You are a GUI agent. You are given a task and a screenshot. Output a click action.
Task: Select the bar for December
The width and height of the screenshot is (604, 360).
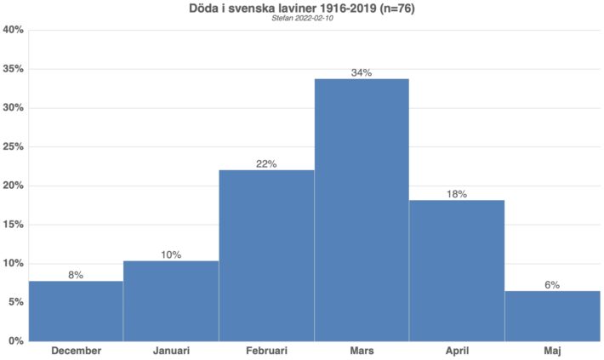pyautogui.click(x=76, y=311)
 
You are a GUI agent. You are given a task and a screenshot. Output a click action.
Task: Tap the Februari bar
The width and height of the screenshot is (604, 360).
pyautogui.click(x=266, y=255)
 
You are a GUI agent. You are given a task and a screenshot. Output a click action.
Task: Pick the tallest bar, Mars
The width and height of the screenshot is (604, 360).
pyautogui.click(x=362, y=209)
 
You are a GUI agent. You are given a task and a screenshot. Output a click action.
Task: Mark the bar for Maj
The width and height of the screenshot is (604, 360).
pyautogui.click(x=552, y=316)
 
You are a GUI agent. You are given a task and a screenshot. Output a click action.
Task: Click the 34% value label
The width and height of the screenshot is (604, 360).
pyautogui.click(x=362, y=72)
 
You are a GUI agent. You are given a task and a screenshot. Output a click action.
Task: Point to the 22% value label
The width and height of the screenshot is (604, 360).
pyautogui.click(x=266, y=163)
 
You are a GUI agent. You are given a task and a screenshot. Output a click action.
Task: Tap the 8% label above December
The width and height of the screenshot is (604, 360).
pyautogui.click(x=76, y=275)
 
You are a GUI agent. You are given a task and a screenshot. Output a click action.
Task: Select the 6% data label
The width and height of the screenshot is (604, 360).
pyautogui.click(x=552, y=285)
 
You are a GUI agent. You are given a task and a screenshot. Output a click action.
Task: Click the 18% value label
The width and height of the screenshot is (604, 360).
pyautogui.click(x=457, y=194)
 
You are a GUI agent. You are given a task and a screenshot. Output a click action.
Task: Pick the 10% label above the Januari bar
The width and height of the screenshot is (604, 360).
pyautogui.click(x=171, y=254)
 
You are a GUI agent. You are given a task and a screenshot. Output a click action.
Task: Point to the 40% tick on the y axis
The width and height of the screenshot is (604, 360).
pyautogui.click(x=13, y=30)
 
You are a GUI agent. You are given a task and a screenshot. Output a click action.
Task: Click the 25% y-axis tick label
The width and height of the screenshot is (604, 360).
pyautogui.click(x=13, y=146)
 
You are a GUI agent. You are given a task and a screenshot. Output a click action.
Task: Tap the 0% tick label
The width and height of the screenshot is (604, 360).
pyautogui.click(x=15, y=340)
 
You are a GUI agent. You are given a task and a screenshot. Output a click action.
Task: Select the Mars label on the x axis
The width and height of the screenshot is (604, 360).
pyautogui.click(x=362, y=351)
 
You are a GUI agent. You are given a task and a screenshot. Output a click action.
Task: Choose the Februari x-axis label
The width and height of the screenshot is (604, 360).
pyautogui.click(x=266, y=351)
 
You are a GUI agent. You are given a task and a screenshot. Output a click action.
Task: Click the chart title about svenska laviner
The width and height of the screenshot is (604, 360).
pyautogui.click(x=302, y=9)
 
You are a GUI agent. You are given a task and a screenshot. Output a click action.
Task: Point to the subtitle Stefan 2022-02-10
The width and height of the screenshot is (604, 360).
pyautogui.click(x=302, y=20)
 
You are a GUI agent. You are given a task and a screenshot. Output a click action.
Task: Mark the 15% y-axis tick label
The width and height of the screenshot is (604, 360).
pyautogui.click(x=13, y=225)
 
